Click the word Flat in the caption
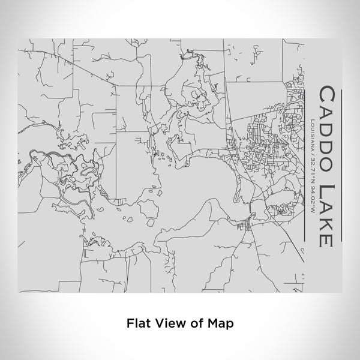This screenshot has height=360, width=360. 138,323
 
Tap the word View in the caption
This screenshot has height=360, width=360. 169,323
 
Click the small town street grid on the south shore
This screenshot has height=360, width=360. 247,227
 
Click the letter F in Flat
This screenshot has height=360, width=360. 130,323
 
